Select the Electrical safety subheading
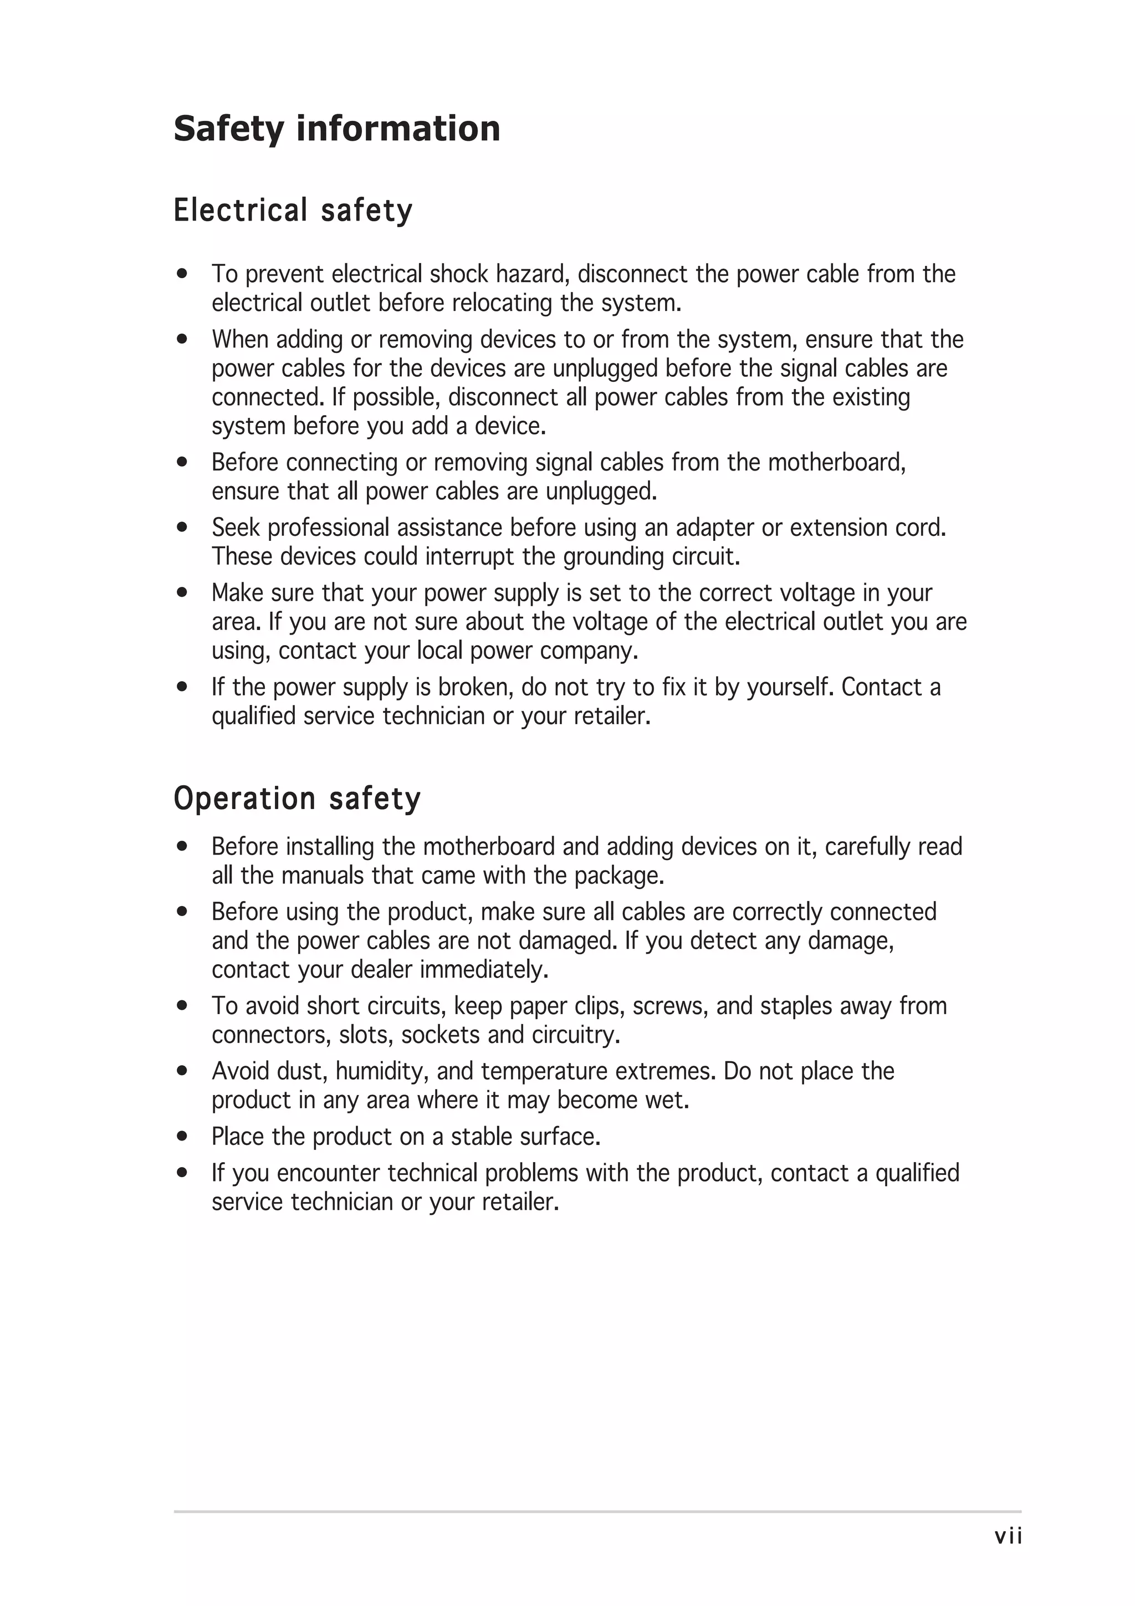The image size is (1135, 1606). pyautogui.click(x=293, y=211)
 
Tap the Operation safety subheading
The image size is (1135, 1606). pyautogui.click(x=297, y=799)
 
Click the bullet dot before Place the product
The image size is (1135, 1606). pyautogui.click(x=182, y=1137)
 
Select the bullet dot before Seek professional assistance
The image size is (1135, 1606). pyautogui.click(x=182, y=528)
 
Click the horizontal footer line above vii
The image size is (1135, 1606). pyautogui.click(x=597, y=1512)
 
